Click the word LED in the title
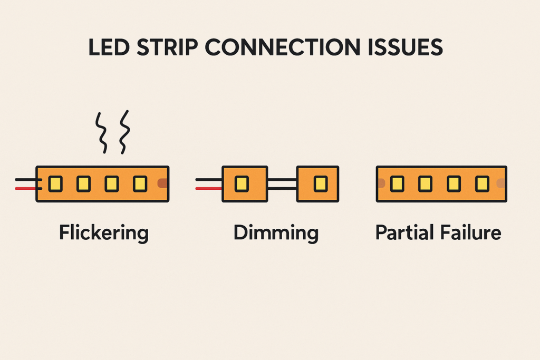(109, 47)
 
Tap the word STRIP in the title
(167, 47)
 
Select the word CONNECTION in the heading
(283, 47)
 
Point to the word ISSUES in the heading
(405, 47)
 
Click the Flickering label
(104, 233)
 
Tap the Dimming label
(276, 233)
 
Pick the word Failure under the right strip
(470, 232)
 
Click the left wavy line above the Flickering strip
(101, 132)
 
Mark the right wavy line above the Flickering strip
(124, 132)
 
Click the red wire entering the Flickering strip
(27, 189)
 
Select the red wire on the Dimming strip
(209, 189)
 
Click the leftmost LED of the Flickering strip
(55, 184)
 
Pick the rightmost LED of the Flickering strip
(140, 184)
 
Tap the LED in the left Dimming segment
(242, 184)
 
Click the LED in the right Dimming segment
(321, 184)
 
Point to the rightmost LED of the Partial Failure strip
(482, 184)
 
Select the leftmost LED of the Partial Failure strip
(397, 184)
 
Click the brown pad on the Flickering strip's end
(162, 183)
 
